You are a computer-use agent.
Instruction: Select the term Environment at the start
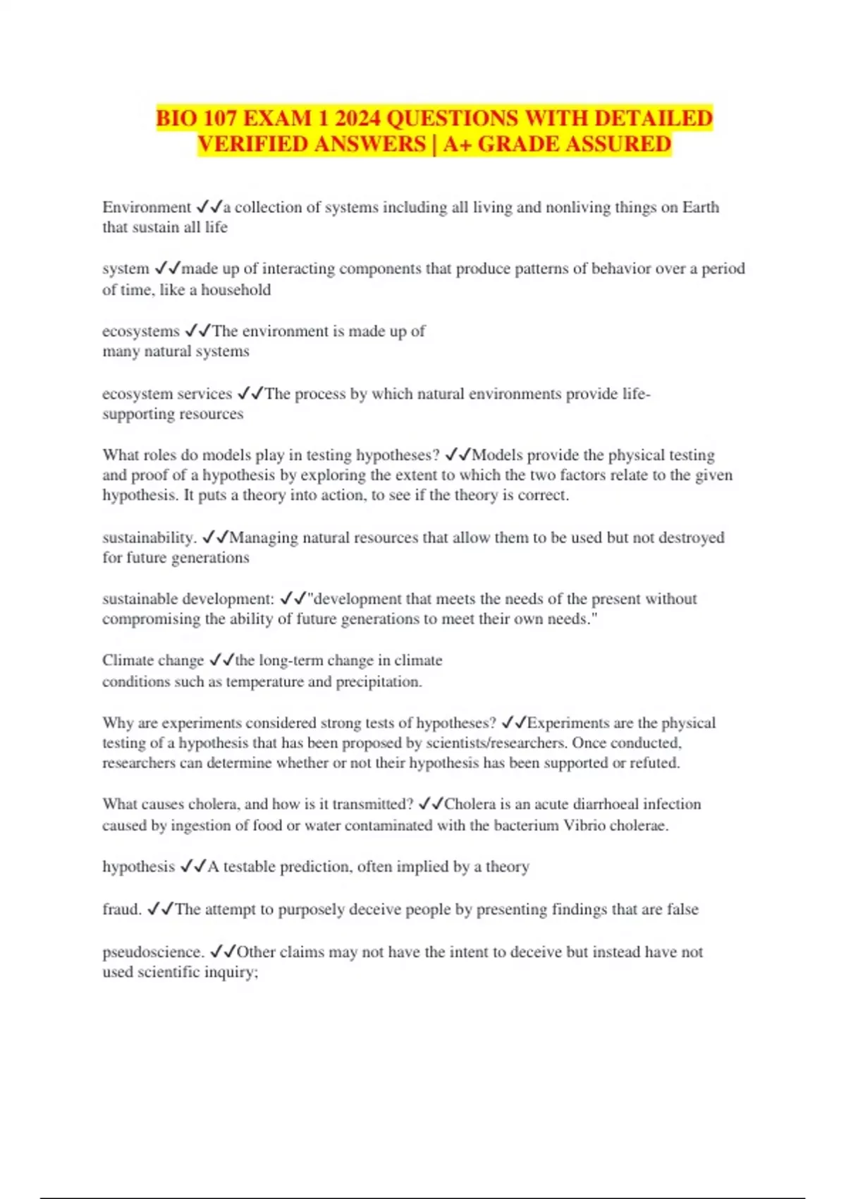pos(146,207)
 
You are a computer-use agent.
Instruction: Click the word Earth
pos(700,207)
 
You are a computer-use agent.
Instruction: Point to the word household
pos(235,290)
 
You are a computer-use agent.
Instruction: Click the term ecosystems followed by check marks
pos(141,331)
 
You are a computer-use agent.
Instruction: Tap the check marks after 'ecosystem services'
pos(250,394)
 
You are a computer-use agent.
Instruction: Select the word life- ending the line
pos(637,394)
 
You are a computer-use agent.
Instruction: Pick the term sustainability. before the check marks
pos(149,537)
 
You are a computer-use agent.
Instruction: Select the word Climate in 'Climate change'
pos(128,661)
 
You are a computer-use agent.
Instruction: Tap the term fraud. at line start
pos(122,909)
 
